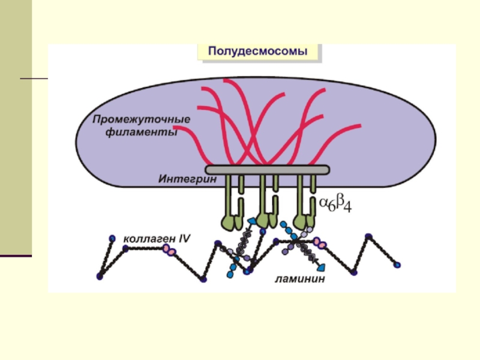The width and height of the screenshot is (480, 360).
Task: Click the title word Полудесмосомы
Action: pos(258,52)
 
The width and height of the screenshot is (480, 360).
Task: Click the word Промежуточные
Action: pos(141,119)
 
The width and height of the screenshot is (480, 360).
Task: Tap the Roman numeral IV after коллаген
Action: pos(182,238)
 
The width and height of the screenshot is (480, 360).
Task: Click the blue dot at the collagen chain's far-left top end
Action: pos(112,239)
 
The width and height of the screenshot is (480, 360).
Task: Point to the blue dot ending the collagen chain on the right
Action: pos(397,263)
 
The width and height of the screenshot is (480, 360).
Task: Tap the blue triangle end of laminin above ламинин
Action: pos(322,266)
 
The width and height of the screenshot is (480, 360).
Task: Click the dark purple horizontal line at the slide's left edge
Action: pos(16,256)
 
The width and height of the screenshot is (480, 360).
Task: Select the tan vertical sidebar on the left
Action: pos(16,126)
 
